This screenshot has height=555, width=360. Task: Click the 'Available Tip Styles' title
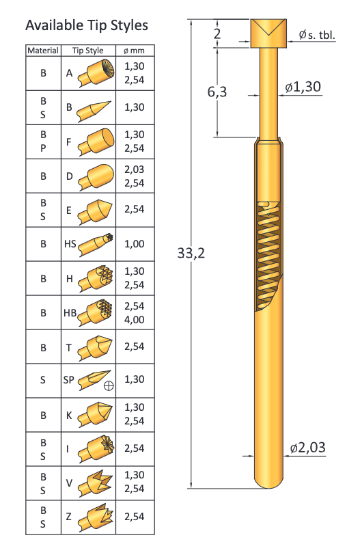[x=87, y=25]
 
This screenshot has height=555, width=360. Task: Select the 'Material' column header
[x=43, y=51]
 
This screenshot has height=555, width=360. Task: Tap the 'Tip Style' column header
[x=88, y=51]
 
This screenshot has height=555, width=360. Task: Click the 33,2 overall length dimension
[x=191, y=253]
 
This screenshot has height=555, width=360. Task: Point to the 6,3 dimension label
[x=217, y=92]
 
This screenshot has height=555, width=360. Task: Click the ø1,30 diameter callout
[x=303, y=87]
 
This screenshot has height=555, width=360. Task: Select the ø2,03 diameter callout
[x=307, y=448]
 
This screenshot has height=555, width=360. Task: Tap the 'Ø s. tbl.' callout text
[x=317, y=35]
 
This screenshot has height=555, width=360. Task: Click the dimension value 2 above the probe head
[x=217, y=33]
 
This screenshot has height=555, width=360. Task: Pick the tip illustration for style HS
[x=96, y=244]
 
